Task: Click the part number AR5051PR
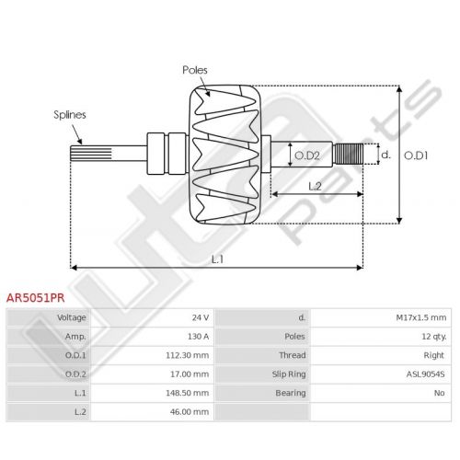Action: coord(36,298)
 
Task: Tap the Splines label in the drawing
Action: coord(70,115)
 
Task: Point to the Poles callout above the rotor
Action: coord(195,70)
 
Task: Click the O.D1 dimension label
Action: coord(416,155)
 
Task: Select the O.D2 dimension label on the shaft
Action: coord(307,155)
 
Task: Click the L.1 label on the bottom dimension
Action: coord(217,259)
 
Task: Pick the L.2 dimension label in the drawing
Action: coord(315,186)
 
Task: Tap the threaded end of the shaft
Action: coord(349,154)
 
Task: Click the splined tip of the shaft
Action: coord(91,154)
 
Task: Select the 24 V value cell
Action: coord(201,317)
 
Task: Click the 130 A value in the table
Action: coord(199,337)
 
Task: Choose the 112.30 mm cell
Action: coord(188,355)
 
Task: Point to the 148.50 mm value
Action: coord(188,393)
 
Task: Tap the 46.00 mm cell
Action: coord(190,412)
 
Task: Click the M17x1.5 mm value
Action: coord(421,317)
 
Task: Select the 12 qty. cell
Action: coord(434,337)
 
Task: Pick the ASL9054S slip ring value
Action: coord(426,374)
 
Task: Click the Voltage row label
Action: coord(72,317)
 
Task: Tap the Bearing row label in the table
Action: coord(291,393)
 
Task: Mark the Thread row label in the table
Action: coord(293,355)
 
